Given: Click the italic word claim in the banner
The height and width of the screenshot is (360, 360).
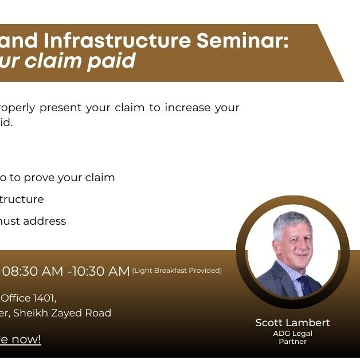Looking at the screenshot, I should tap(54, 61).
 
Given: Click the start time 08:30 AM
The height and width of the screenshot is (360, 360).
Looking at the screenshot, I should tap(33, 271).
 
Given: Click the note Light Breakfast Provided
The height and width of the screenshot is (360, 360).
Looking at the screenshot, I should tap(177, 271).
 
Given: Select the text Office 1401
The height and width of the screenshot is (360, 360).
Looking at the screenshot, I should tap(29, 298).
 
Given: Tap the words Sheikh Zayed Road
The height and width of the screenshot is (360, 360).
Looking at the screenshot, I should tap(62, 313).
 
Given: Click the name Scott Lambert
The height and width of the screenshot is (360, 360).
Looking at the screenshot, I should tap(292, 323).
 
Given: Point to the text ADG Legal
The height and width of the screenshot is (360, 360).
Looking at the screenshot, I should tap(292, 333).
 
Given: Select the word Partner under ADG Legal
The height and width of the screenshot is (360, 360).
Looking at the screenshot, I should tap(292, 342).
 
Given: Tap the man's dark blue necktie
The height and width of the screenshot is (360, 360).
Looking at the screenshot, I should tap(303, 284).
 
